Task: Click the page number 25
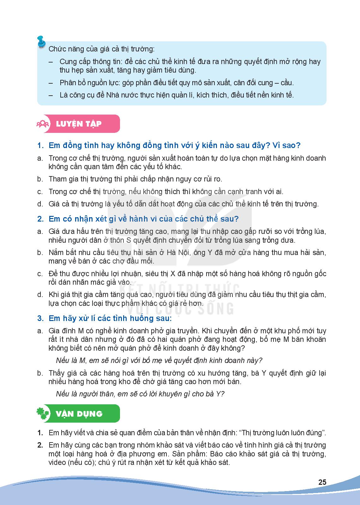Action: [x=322, y=482]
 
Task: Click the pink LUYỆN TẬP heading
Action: [x=79, y=123]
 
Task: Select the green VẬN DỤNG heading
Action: [x=79, y=413]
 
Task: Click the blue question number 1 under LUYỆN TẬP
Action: [x=40, y=146]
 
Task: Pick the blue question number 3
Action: [x=40, y=318]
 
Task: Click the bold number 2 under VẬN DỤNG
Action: [x=40, y=445]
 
